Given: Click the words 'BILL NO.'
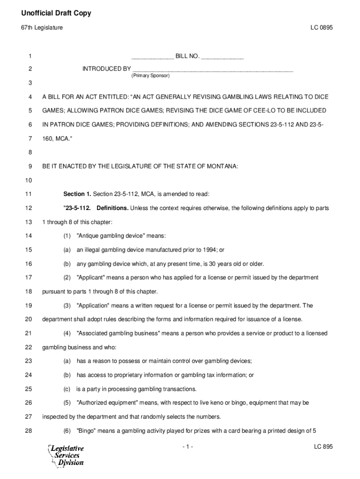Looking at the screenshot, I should pyautogui.click(x=187, y=57).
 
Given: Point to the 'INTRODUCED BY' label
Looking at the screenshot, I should pyautogui.click(x=107, y=69).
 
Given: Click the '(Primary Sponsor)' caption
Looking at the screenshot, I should pyautogui.click(x=151, y=75).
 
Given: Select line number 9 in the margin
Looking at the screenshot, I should pyautogui.click(x=30, y=166).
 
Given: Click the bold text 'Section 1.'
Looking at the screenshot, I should pyautogui.click(x=77, y=194).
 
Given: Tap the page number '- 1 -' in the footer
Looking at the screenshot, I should pyautogui.click(x=187, y=447).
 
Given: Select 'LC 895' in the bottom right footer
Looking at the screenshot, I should pyautogui.click(x=323, y=447).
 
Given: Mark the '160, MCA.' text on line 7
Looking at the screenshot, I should pyautogui.click(x=58, y=138).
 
